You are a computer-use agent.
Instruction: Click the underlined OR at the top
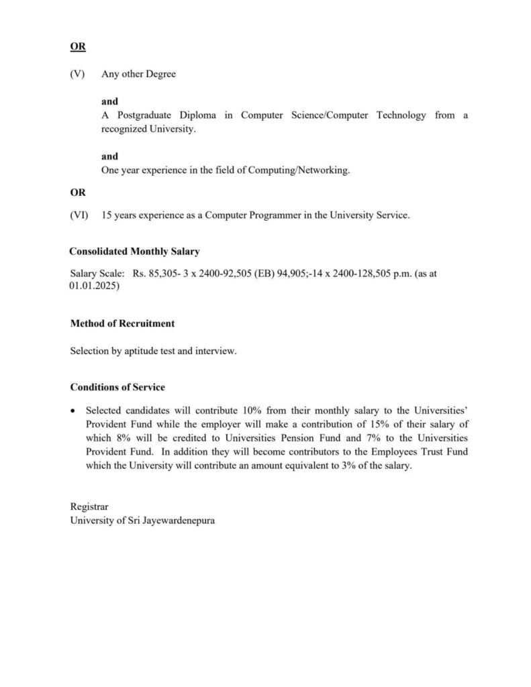(78, 47)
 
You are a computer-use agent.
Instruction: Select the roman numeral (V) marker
(78, 74)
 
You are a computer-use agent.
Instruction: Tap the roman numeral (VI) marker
(79, 215)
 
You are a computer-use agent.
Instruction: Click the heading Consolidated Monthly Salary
(134, 252)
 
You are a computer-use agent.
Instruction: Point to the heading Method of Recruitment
(122, 323)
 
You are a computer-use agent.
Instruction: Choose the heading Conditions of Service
(117, 388)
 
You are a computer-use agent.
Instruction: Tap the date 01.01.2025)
(95, 286)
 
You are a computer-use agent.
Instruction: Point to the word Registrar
(89, 507)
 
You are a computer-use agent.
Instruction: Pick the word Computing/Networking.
(299, 170)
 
